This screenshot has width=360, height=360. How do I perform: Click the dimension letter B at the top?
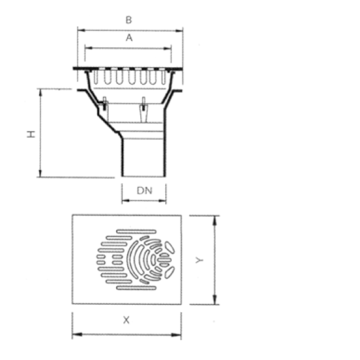[x=129, y=20]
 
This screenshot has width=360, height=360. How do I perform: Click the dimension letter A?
[x=129, y=38]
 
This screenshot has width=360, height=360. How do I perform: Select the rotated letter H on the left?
[x=31, y=134]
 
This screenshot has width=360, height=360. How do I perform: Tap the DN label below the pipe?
[x=145, y=191]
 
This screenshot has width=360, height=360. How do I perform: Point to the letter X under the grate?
[x=126, y=320]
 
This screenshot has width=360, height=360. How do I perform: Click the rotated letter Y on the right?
[x=199, y=260]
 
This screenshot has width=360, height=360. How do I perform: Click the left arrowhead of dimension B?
[x=81, y=30]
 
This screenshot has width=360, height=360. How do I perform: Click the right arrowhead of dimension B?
[x=179, y=31]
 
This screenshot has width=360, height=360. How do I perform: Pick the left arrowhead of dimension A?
[x=89, y=48]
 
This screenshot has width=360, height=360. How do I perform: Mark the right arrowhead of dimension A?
[x=168, y=48]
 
